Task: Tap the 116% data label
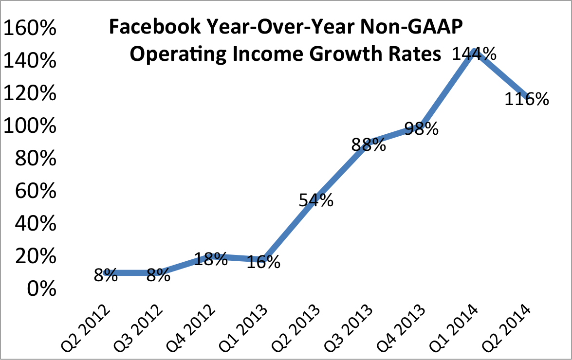coord(527,99)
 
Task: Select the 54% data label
coord(316,200)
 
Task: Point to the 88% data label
coord(369,145)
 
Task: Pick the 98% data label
coord(421,129)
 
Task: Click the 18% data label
coord(210,259)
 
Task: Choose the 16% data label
coord(263,263)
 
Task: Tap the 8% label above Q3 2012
coord(158,276)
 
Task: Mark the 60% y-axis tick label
coord(35,192)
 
